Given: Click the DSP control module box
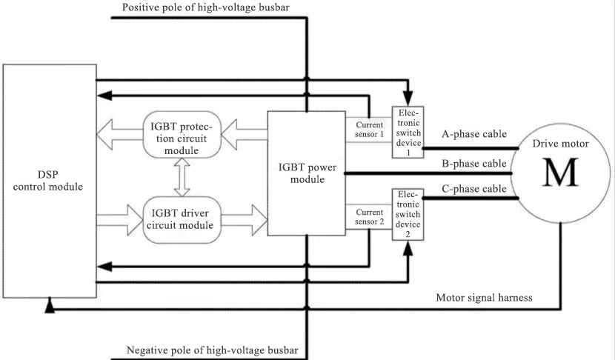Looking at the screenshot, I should tap(49, 185).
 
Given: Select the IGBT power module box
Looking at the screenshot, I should tap(306, 173).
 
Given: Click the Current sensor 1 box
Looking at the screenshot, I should tap(368, 130).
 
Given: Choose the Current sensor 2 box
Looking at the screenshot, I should tap(368, 216).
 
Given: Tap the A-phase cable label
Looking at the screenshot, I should tap(474, 135).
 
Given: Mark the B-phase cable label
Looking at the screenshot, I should tap(474, 163).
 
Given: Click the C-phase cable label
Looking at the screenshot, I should tap(474, 189).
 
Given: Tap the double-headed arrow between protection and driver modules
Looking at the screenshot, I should tap(179, 176).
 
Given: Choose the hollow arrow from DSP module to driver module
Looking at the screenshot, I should tap(119, 219).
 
